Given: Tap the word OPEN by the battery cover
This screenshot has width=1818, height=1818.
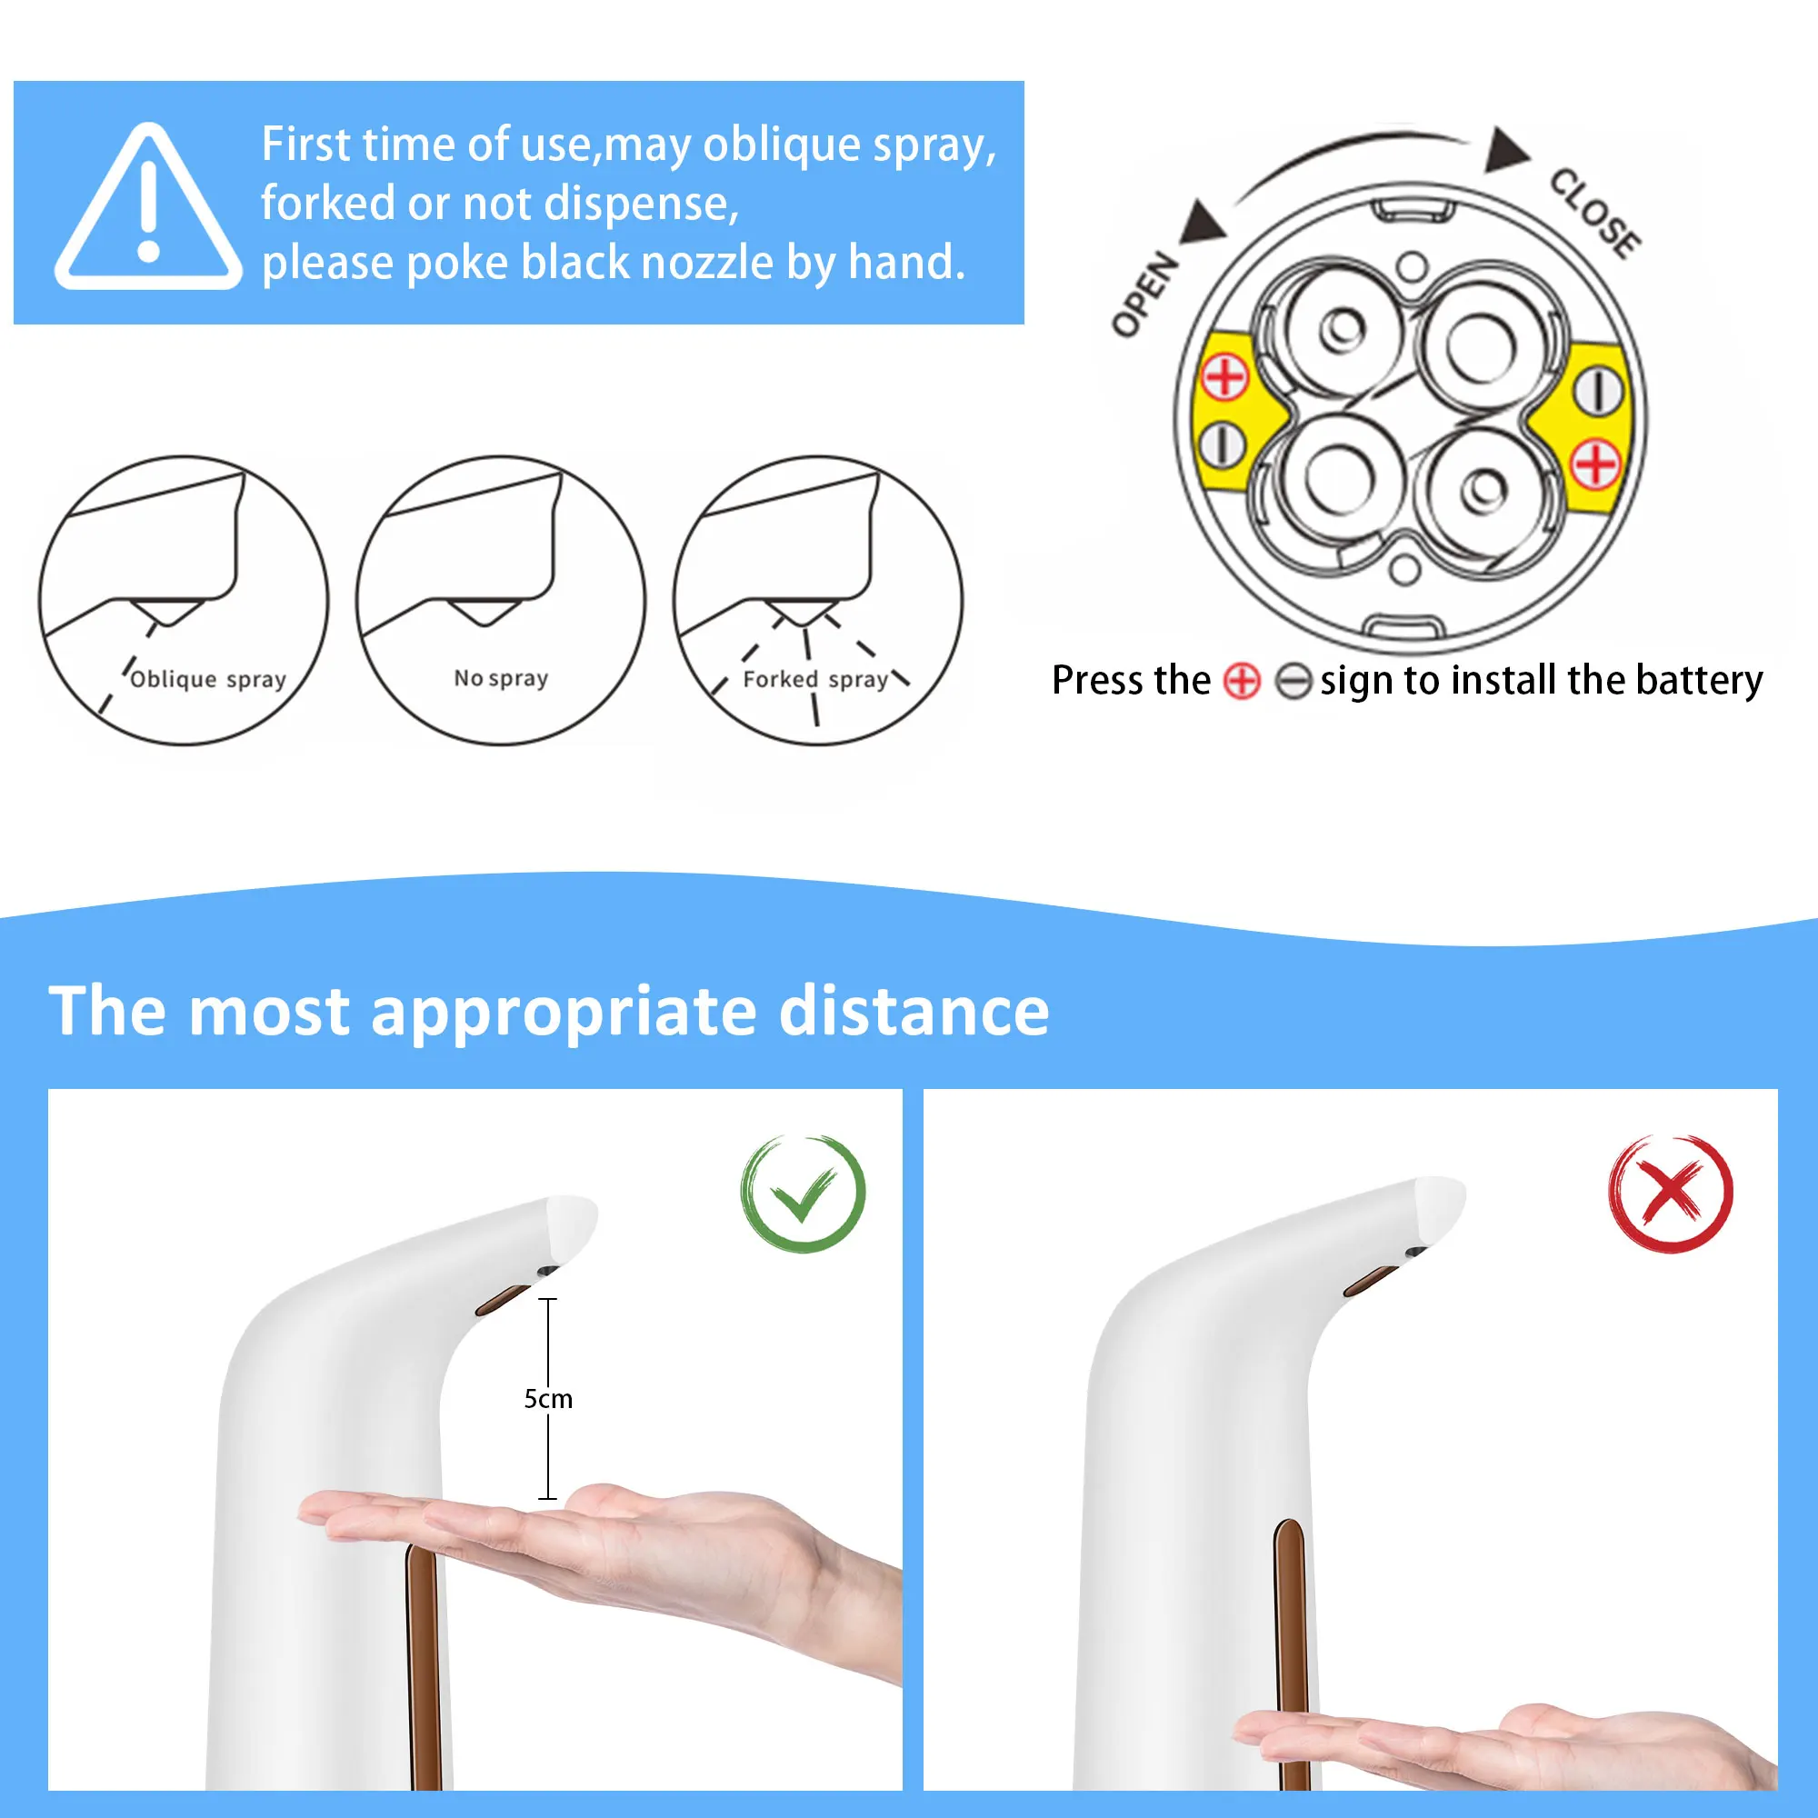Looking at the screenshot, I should click(1144, 294).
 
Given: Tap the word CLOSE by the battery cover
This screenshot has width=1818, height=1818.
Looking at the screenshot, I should click(1595, 213).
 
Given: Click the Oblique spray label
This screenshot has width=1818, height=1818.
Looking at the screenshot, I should click(207, 679).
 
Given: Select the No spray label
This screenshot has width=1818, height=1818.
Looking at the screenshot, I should click(501, 678).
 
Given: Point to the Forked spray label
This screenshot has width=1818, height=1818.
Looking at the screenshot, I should click(814, 679).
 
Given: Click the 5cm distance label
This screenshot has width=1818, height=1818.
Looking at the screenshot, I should click(547, 1399).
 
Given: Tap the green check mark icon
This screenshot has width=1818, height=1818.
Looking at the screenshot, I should click(803, 1194).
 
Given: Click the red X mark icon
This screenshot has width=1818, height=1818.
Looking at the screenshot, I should click(1670, 1194).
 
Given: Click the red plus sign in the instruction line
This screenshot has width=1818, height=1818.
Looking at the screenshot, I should click(1241, 681).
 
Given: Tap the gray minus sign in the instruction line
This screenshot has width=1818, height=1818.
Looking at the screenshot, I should click(1292, 681).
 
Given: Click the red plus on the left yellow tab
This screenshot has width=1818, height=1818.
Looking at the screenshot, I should click(1225, 377).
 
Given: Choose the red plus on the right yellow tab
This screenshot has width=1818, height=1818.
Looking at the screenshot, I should click(1596, 464).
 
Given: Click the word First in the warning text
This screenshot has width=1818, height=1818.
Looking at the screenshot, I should click(305, 145).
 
